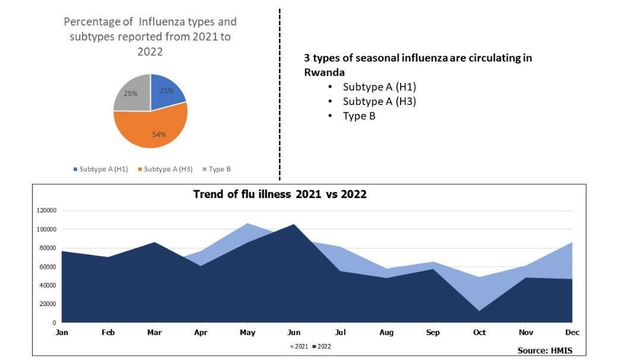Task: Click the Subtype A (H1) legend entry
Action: [100, 169]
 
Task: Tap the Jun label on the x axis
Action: [294, 333]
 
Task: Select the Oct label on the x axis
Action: [480, 333]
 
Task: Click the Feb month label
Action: [108, 333]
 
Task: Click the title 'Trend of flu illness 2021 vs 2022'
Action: [280, 194]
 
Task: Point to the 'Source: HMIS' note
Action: [545, 351]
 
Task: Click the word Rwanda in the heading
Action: [324, 72]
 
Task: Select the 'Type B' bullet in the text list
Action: [359, 116]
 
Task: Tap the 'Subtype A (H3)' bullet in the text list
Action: [379, 101]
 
